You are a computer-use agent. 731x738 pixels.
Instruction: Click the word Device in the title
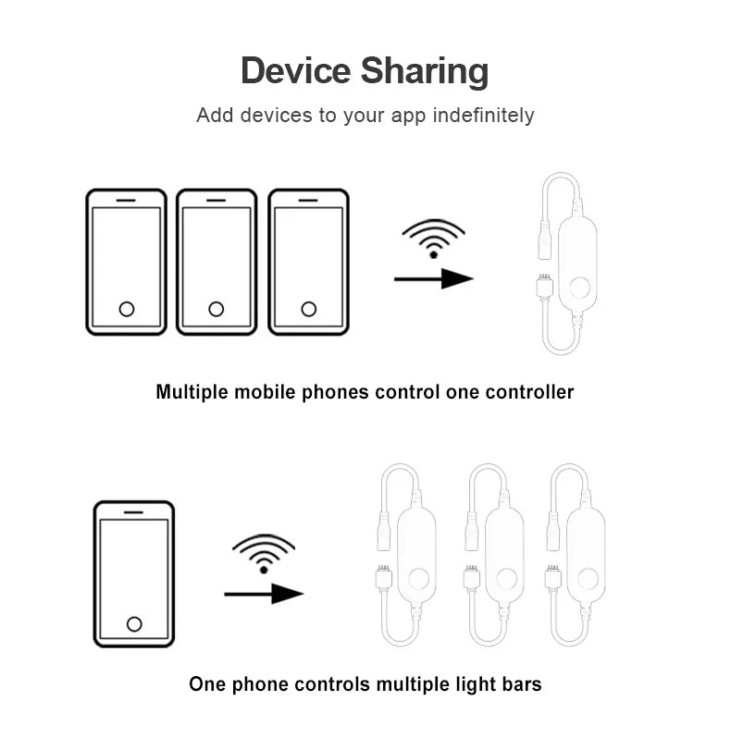pyautogui.click(x=296, y=71)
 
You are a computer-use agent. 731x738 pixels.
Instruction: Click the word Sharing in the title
pyautogui.click(x=425, y=72)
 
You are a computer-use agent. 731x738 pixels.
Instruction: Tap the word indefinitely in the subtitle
pyautogui.click(x=483, y=116)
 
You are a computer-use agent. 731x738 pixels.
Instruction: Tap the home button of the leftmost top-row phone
pyautogui.click(x=127, y=309)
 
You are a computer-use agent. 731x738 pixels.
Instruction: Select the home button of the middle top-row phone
pyautogui.click(x=217, y=309)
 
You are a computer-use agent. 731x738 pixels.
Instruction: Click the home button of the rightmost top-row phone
pyautogui.click(x=308, y=309)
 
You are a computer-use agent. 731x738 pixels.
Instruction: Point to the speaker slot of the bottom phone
pyautogui.click(x=133, y=512)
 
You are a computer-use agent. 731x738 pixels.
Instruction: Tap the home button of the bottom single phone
pyautogui.click(x=134, y=624)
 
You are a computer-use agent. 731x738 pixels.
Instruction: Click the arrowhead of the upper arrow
pyautogui.click(x=457, y=278)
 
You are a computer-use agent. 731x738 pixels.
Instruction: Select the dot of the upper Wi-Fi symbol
pyautogui.click(x=434, y=255)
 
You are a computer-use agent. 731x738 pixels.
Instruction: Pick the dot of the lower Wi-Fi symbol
pyautogui.click(x=264, y=570)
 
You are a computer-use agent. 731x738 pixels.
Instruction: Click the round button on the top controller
pyautogui.click(x=579, y=287)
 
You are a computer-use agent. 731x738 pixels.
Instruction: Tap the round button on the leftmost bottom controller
pyautogui.click(x=418, y=579)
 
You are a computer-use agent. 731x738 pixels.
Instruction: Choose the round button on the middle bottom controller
pyautogui.click(x=506, y=579)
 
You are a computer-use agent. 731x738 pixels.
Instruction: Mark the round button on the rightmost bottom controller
pyautogui.click(x=588, y=579)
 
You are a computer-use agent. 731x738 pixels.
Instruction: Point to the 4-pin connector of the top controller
pyautogui.click(x=544, y=285)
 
